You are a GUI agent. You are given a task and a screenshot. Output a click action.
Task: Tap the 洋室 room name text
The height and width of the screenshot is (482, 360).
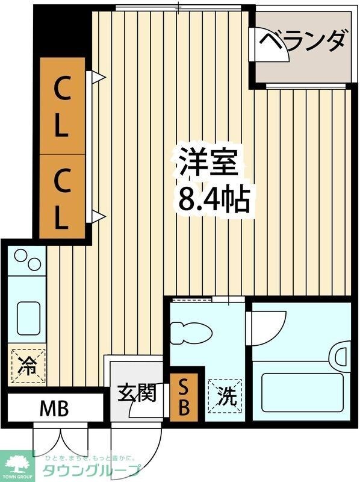pyautogui.click(x=208, y=163)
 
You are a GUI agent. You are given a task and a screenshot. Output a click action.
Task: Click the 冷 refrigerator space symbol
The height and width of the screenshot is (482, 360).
pyautogui.click(x=27, y=365)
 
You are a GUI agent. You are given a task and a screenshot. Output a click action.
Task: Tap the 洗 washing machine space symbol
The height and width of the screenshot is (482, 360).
pyautogui.click(x=226, y=398)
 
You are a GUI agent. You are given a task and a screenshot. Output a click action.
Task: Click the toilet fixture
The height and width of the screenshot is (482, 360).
pyautogui.click(x=191, y=333)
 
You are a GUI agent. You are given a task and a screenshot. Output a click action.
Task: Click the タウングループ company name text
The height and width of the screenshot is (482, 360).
pyautogui.click(x=90, y=471)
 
